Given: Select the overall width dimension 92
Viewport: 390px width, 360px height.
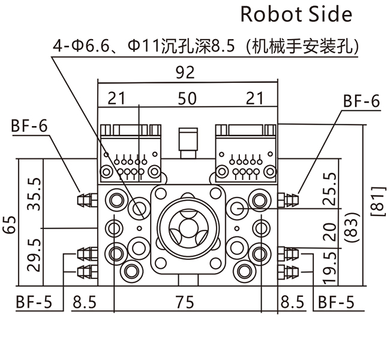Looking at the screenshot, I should [x=187, y=73].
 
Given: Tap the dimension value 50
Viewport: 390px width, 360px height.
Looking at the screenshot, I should [x=187, y=98].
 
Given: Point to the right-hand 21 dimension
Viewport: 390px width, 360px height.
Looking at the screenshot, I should [x=256, y=98].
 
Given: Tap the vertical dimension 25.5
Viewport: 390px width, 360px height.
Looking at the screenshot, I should [x=328, y=189].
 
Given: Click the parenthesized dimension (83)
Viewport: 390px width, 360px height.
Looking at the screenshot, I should [x=353, y=230].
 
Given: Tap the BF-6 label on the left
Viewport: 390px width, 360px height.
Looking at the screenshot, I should [x=28, y=127].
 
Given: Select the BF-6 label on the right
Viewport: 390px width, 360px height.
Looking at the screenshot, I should [x=361, y=101].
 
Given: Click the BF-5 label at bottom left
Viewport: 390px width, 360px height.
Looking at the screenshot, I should [x=33, y=302].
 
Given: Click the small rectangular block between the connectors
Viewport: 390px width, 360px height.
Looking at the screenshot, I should [x=188, y=140].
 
